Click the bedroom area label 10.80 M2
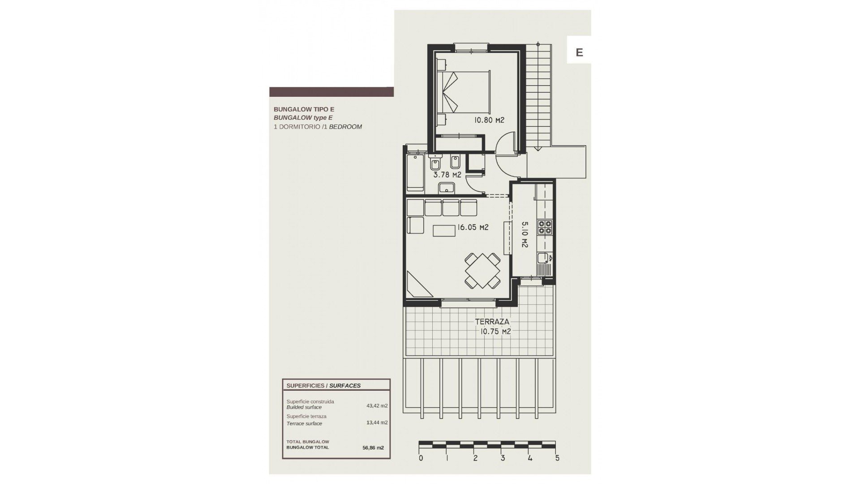pyautogui.click(x=489, y=120)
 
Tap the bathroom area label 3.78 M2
pyautogui.click(x=447, y=175)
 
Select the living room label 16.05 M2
pyautogui.click(x=472, y=228)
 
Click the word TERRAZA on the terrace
pyautogui.click(x=492, y=322)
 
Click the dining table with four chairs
pyautogui.click(x=482, y=271)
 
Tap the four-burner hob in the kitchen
pyautogui.click(x=545, y=227)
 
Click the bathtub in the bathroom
pyautogui.click(x=415, y=173)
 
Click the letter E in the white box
pyautogui.click(x=579, y=52)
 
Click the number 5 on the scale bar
pyautogui.click(x=557, y=458)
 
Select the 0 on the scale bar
pyautogui.click(x=421, y=458)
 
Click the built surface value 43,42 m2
pyautogui.click(x=377, y=406)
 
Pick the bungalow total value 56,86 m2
pyautogui.click(x=373, y=447)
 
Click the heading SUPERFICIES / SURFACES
pyautogui.click(x=323, y=385)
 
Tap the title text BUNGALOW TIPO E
pyautogui.click(x=304, y=109)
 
